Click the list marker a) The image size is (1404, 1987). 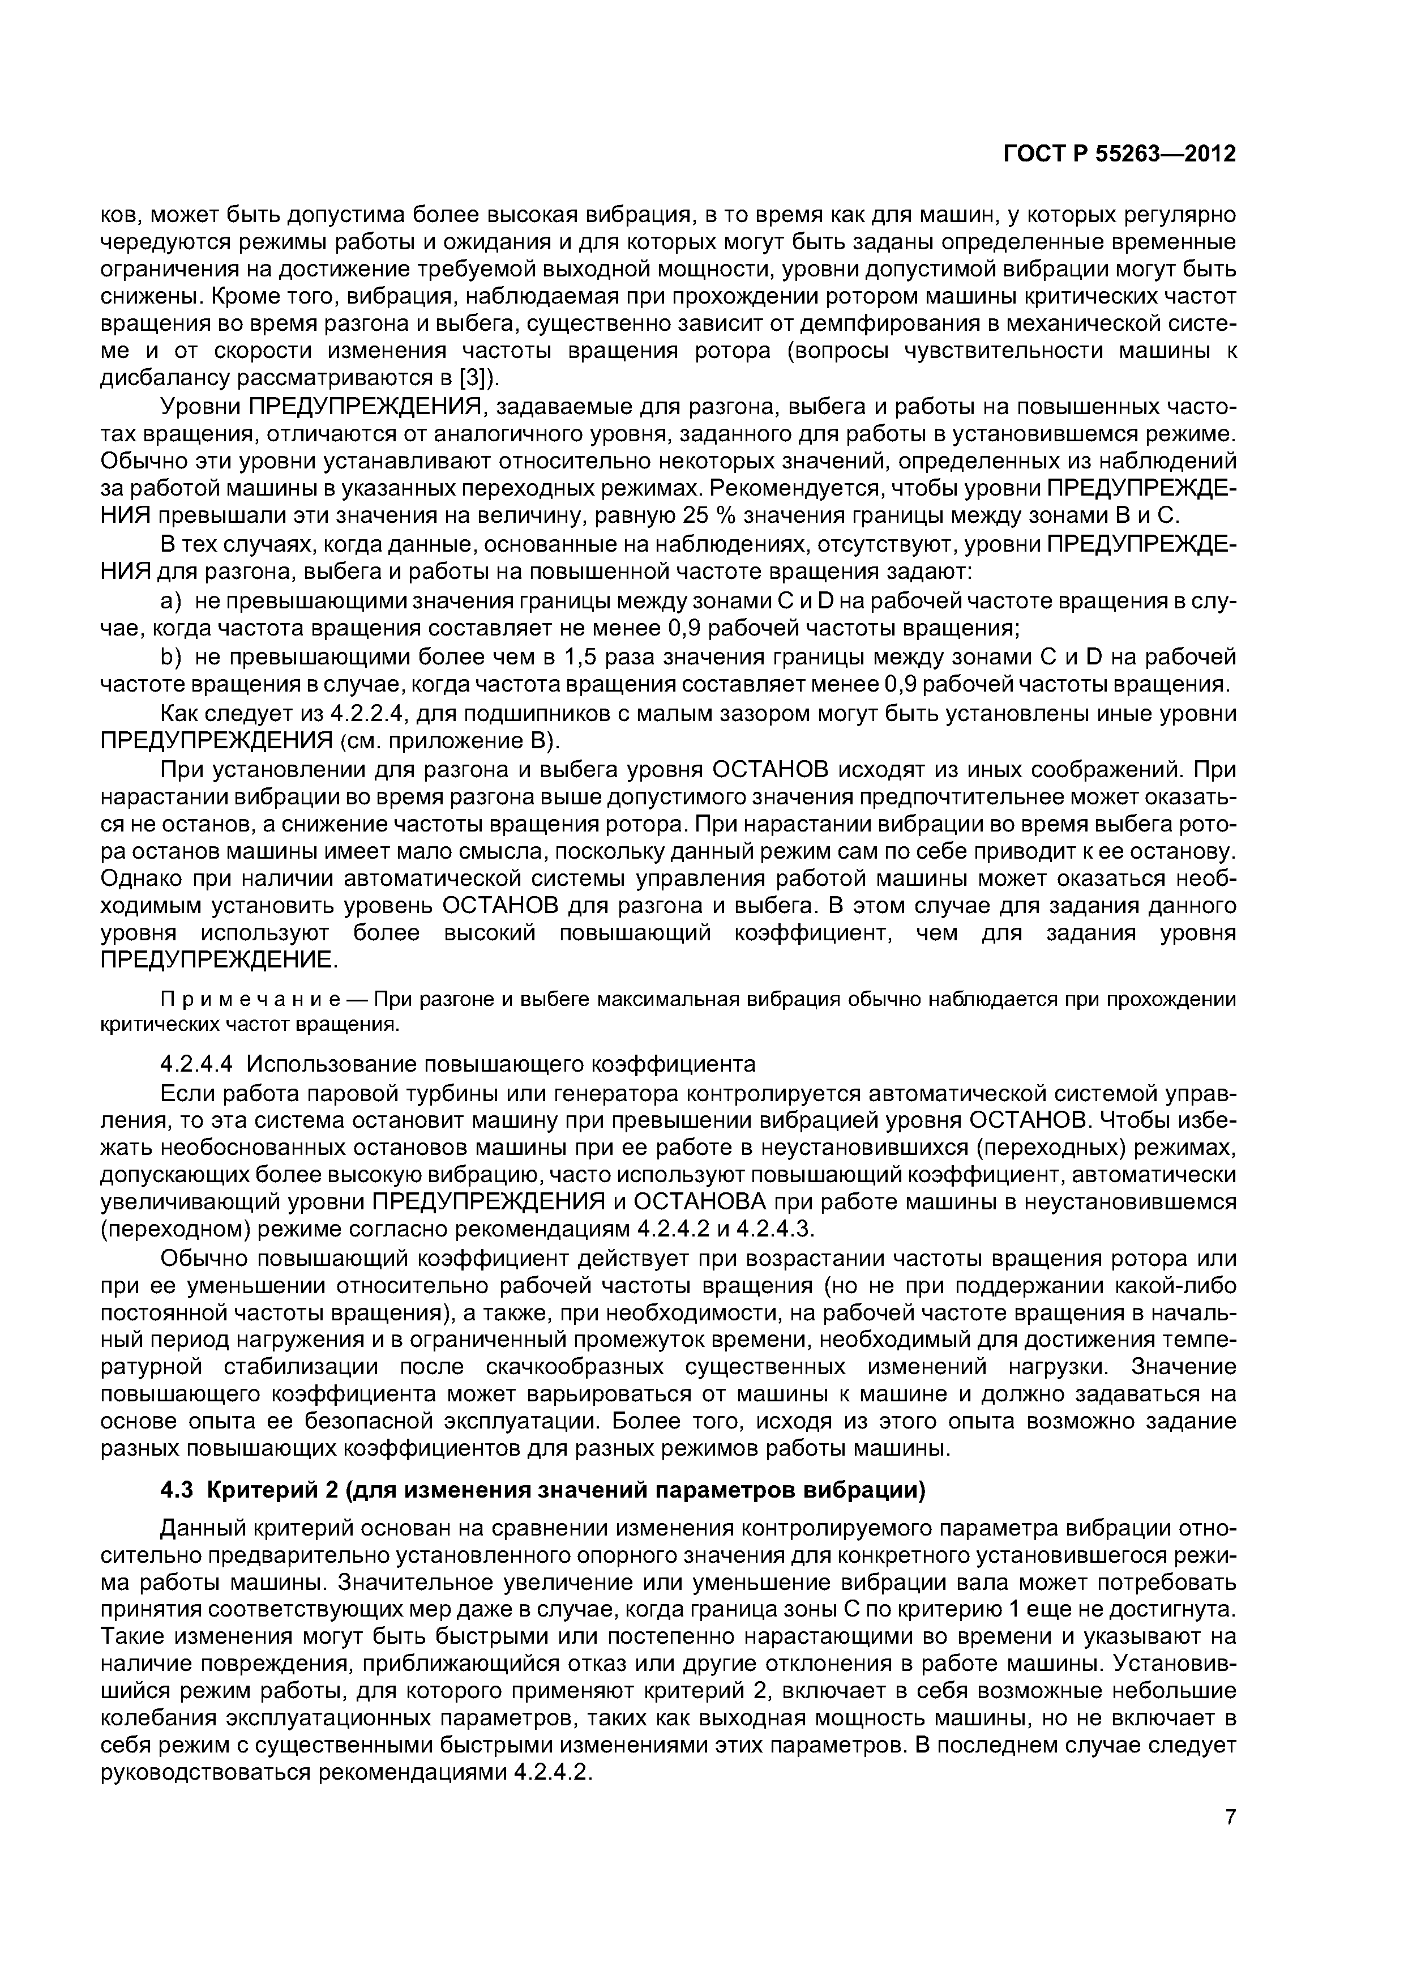tap(172, 600)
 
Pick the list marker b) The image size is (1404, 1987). tap(172, 657)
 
